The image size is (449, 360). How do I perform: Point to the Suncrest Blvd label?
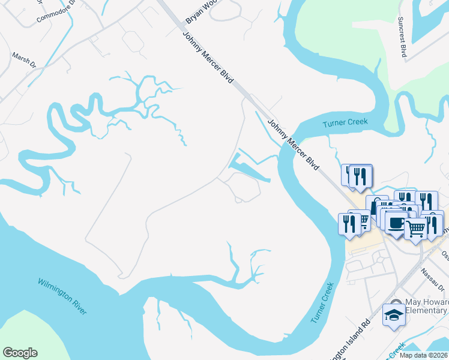(x=402, y=35)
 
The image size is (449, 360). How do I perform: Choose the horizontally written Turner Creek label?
(x=344, y=122)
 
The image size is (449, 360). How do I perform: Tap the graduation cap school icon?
(x=394, y=315)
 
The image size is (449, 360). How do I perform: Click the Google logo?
(x=20, y=353)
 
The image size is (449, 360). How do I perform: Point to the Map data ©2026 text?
(x=423, y=355)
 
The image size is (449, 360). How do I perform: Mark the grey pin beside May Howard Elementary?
(x=395, y=302)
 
